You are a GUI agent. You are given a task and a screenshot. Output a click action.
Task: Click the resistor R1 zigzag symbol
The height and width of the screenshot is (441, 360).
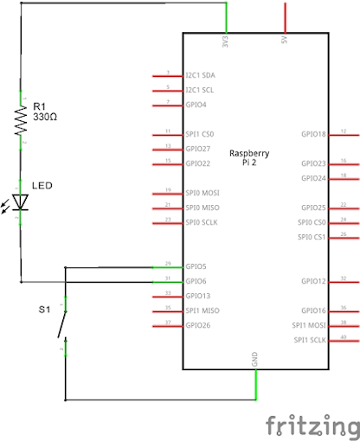pyautogui.click(x=21, y=120)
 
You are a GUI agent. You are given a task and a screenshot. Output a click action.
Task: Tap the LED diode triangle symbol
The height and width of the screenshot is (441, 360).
pyautogui.click(x=21, y=201)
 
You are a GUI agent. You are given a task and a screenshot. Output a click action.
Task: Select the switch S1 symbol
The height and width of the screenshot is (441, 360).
pyautogui.click(x=61, y=324)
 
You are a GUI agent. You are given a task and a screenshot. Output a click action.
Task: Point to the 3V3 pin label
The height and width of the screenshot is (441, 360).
pyautogui.click(x=226, y=41)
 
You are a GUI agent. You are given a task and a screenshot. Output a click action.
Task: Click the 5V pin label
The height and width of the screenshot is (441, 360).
pyautogui.click(x=284, y=41)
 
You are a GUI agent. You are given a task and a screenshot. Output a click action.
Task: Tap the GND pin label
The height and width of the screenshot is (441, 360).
pyautogui.click(x=254, y=358)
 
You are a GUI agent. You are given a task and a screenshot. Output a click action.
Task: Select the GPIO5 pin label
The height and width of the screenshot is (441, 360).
pyautogui.click(x=196, y=266)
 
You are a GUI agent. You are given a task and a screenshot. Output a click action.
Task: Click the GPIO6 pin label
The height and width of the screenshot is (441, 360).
pyautogui.click(x=196, y=281)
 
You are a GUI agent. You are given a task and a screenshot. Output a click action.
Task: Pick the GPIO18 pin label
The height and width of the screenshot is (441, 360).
pyautogui.click(x=313, y=134)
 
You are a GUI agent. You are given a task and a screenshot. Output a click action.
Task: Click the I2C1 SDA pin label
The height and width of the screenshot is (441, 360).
pyautogui.click(x=201, y=75)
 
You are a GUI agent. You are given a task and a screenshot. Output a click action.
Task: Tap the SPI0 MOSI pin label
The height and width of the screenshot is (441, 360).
pyautogui.click(x=202, y=193)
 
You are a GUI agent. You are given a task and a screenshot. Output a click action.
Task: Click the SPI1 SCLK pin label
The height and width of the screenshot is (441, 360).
pyautogui.click(x=311, y=340)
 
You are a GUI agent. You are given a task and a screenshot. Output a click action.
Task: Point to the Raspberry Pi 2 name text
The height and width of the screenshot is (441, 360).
pyautogui.click(x=249, y=157)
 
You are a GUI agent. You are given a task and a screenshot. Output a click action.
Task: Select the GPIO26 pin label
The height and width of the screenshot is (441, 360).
pyautogui.click(x=197, y=325)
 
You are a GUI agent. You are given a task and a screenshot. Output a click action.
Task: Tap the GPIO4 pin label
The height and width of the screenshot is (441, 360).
pyautogui.click(x=196, y=105)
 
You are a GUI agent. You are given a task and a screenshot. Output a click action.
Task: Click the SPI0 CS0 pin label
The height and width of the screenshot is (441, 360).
pyautogui.click(x=311, y=222)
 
